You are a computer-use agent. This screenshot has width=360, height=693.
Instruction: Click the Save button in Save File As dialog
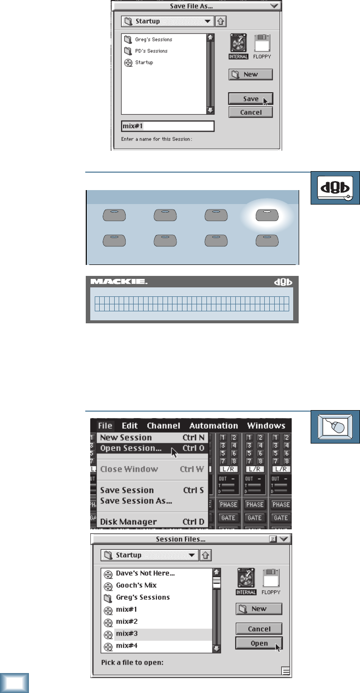(x=251, y=99)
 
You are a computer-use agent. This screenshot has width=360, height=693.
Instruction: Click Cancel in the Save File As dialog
(x=251, y=112)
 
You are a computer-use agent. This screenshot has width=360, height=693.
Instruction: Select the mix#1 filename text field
(x=168, y=126)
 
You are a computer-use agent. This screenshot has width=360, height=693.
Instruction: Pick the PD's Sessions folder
(x=151, y=51)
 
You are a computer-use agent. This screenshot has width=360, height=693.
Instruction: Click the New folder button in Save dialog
(x=251, y=75)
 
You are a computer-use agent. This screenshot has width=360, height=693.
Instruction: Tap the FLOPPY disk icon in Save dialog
(x=262, y=45)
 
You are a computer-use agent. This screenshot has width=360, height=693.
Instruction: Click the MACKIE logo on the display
(x=119, y=282)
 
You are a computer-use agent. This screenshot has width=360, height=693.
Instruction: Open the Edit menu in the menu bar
(x=130, y=426)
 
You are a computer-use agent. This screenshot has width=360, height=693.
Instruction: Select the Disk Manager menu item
(x=129, y=522)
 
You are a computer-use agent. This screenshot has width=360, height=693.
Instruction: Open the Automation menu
(x=213, y=426)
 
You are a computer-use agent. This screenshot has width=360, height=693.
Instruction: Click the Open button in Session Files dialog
(x=259, y=643)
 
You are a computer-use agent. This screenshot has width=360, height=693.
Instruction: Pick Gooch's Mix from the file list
(x=136, y=585)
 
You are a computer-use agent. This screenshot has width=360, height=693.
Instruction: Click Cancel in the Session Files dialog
(x=259, y=629)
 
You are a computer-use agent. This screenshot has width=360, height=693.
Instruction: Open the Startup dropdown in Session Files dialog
(x=149, y=555)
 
